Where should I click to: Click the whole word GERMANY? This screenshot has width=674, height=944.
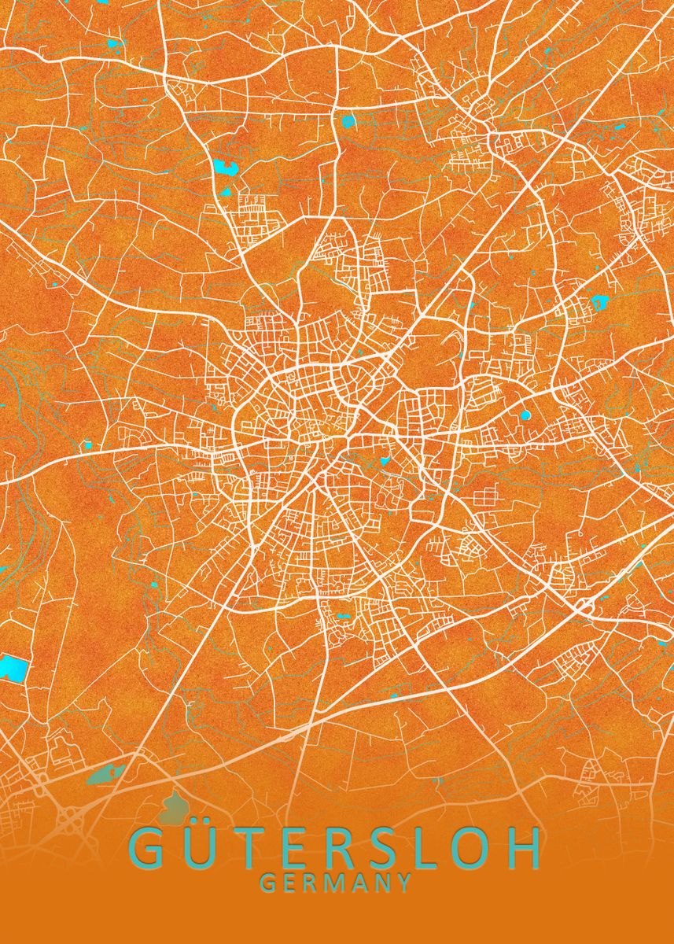pyautogui.click(x=336, y=883)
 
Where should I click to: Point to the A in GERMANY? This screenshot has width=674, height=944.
pyautogui.click(x=359, y=883)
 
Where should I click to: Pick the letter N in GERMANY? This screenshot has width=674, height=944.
pyautogui.click(x=383, y=883)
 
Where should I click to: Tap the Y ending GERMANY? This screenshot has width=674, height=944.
pyautogui.click(x=404, y=883)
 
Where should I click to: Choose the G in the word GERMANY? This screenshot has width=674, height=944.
pyautogui.click(x=267, y=883)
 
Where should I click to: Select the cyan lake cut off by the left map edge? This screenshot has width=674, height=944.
pyautogui.click(x=11, y=668)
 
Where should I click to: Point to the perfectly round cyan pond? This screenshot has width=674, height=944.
pyautogui.click(x=525, y=415)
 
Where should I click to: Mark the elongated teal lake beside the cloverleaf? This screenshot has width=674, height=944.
pyautogui.click(x=105, y=774)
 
